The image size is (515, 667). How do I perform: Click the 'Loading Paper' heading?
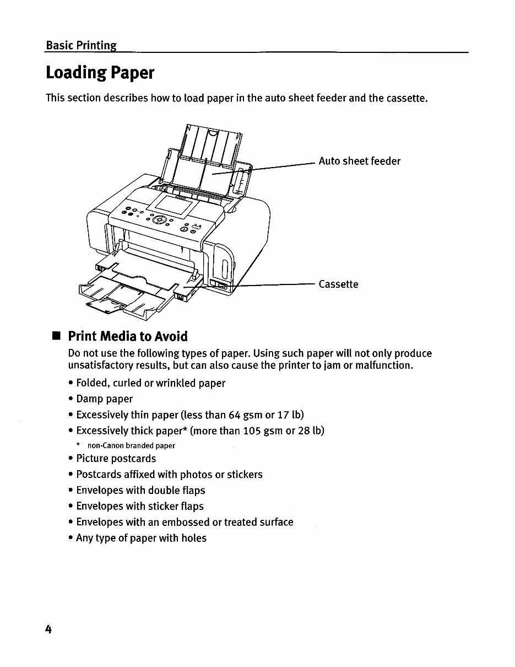pos(100,73)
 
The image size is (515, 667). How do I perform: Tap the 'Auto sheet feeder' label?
pos(360,161)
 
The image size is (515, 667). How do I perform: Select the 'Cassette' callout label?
pos(338,284)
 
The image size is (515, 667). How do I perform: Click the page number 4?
pos(48,630)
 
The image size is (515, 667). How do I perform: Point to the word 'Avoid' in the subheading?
pos(171,336)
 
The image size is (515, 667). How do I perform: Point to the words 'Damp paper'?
pos(105,399)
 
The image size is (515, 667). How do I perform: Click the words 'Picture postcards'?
pos(116,459)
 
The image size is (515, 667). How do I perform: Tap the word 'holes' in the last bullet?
pos(194,538)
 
